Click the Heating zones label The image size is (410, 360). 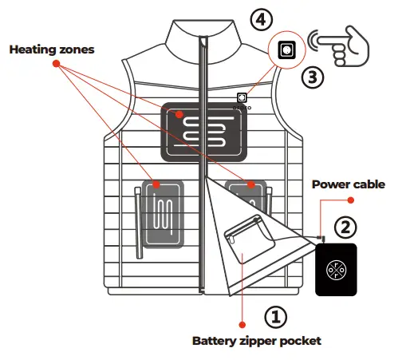pos(51,49)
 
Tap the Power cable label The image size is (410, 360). pos(348,184)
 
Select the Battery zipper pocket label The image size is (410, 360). pos(256,341)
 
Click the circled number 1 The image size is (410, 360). pos(274,318)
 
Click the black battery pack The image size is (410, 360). pos(337,267)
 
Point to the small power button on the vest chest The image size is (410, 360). pos(242,98)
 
